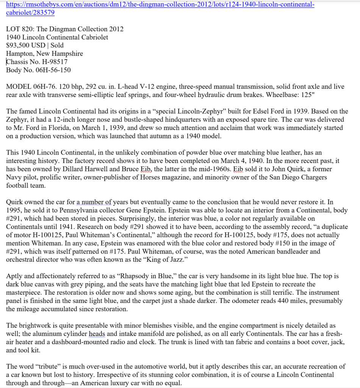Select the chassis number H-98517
pyautogui.click(x=52, y=61)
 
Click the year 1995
pyautogui.click(x=14, y=210)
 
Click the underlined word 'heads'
pyautogui.click(x=97, y=334)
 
